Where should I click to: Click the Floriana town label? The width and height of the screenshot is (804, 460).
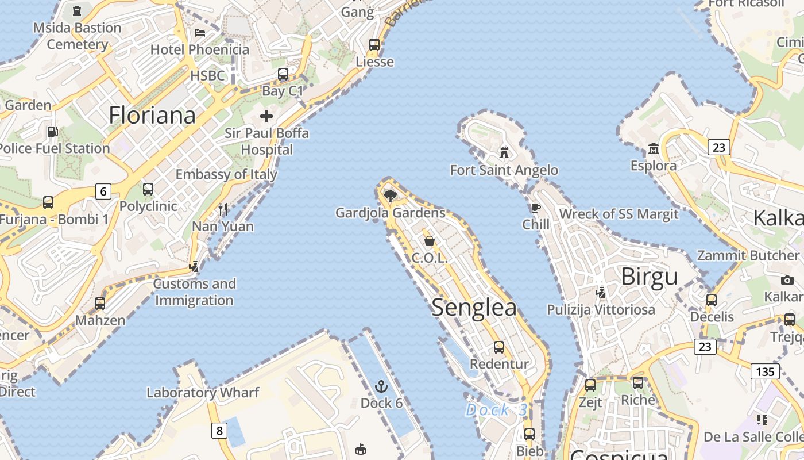[152, 116]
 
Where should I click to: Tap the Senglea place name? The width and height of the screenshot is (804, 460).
[474, 307]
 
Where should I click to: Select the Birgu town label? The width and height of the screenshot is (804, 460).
[650, 277]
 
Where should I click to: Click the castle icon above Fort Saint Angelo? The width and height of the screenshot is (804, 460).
[504, 152]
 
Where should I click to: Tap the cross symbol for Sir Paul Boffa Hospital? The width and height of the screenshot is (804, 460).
[266, 116]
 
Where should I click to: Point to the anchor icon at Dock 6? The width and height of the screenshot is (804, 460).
[381, 386]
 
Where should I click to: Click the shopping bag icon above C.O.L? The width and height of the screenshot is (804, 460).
[429, 241]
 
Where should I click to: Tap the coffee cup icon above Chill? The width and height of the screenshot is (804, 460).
[535, 208]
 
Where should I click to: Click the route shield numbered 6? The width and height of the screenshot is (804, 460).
[103, 191]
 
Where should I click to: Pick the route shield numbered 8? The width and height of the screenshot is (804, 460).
[219, 430]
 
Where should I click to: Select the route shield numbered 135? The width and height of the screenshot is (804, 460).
[765, 371]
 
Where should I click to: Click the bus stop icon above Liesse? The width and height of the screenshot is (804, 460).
[374, 44]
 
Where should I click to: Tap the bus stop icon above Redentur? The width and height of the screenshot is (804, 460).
[499, 347]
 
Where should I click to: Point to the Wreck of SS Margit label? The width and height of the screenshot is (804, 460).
[619, 214]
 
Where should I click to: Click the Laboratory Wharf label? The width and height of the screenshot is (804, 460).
[203, 393]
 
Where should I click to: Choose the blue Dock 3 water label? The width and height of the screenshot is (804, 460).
[496, 410]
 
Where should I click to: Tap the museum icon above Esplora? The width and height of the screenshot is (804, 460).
[653, 149]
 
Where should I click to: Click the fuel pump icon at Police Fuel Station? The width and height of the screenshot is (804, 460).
[52, 132]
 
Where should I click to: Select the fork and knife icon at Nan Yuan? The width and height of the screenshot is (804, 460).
[223, 209]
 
